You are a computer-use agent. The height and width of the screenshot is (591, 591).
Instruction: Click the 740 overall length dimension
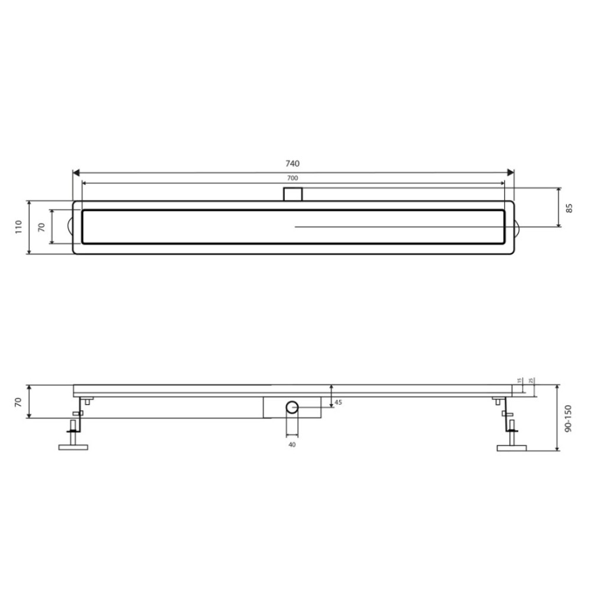coord(293,163)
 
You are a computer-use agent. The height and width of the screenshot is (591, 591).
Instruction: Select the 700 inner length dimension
coord(293,178)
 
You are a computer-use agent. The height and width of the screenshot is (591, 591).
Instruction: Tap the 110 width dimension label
coord(19,227)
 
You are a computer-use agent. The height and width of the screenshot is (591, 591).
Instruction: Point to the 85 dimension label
coord(570,208)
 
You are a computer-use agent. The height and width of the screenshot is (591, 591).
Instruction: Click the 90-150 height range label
coord(569,418)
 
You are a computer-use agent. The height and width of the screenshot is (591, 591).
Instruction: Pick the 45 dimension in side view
coord(338,402)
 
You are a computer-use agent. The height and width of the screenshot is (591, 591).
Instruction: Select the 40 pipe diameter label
coord(292,445)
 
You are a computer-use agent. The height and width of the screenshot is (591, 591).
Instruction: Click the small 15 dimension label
coord(519,381)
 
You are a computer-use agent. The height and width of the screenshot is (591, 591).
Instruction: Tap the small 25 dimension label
coord(531,381)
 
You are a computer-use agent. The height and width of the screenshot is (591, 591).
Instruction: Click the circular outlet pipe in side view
coord(292,407)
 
